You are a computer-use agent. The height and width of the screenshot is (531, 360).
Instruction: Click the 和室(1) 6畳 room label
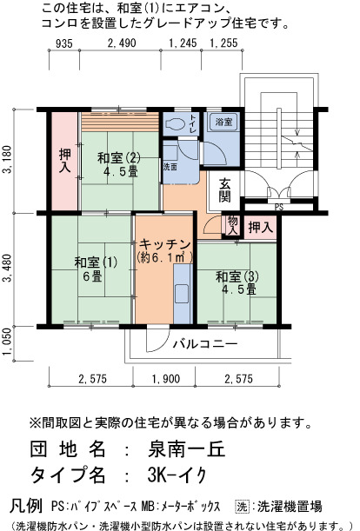click(96, 269)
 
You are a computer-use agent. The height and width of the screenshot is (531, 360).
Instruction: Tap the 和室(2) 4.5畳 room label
click(118, 164)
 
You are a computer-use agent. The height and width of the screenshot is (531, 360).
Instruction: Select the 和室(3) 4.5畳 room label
click(237, 283)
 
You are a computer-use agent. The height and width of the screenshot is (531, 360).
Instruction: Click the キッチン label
click(164, 244)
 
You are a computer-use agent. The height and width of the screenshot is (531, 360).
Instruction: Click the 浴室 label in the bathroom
click(223, 122)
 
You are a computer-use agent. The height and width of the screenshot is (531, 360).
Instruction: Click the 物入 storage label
click(232, 225)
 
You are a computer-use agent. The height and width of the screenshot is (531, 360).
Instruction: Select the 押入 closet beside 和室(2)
click(64, 160)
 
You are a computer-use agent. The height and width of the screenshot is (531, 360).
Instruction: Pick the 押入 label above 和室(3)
click(261, 227)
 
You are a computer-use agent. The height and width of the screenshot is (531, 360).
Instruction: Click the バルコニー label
click(205, 344)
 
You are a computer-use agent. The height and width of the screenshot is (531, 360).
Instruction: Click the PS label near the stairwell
click(279, 207)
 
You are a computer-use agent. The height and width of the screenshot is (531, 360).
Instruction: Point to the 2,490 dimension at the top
click(122, 43)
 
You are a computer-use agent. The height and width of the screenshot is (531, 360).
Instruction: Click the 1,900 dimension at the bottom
click(166, 379)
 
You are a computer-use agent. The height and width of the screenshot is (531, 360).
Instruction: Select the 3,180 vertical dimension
click(8, 159)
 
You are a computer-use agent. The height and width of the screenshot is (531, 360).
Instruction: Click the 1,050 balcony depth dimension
click(8, 342)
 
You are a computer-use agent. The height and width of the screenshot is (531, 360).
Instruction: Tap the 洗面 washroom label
click(170, 167)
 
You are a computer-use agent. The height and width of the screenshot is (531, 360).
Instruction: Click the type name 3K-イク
click(177, 475)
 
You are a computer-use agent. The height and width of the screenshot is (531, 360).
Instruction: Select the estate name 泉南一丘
click(186, 449)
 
